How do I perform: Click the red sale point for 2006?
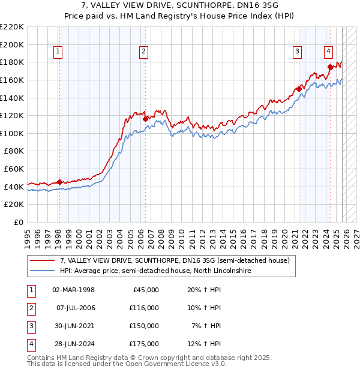[146, 119]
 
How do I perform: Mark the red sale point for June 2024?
[330, 67]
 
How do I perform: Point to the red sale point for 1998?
[59, 182]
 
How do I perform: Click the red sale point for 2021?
[299, 89]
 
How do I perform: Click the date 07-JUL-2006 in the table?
[75, 308]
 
